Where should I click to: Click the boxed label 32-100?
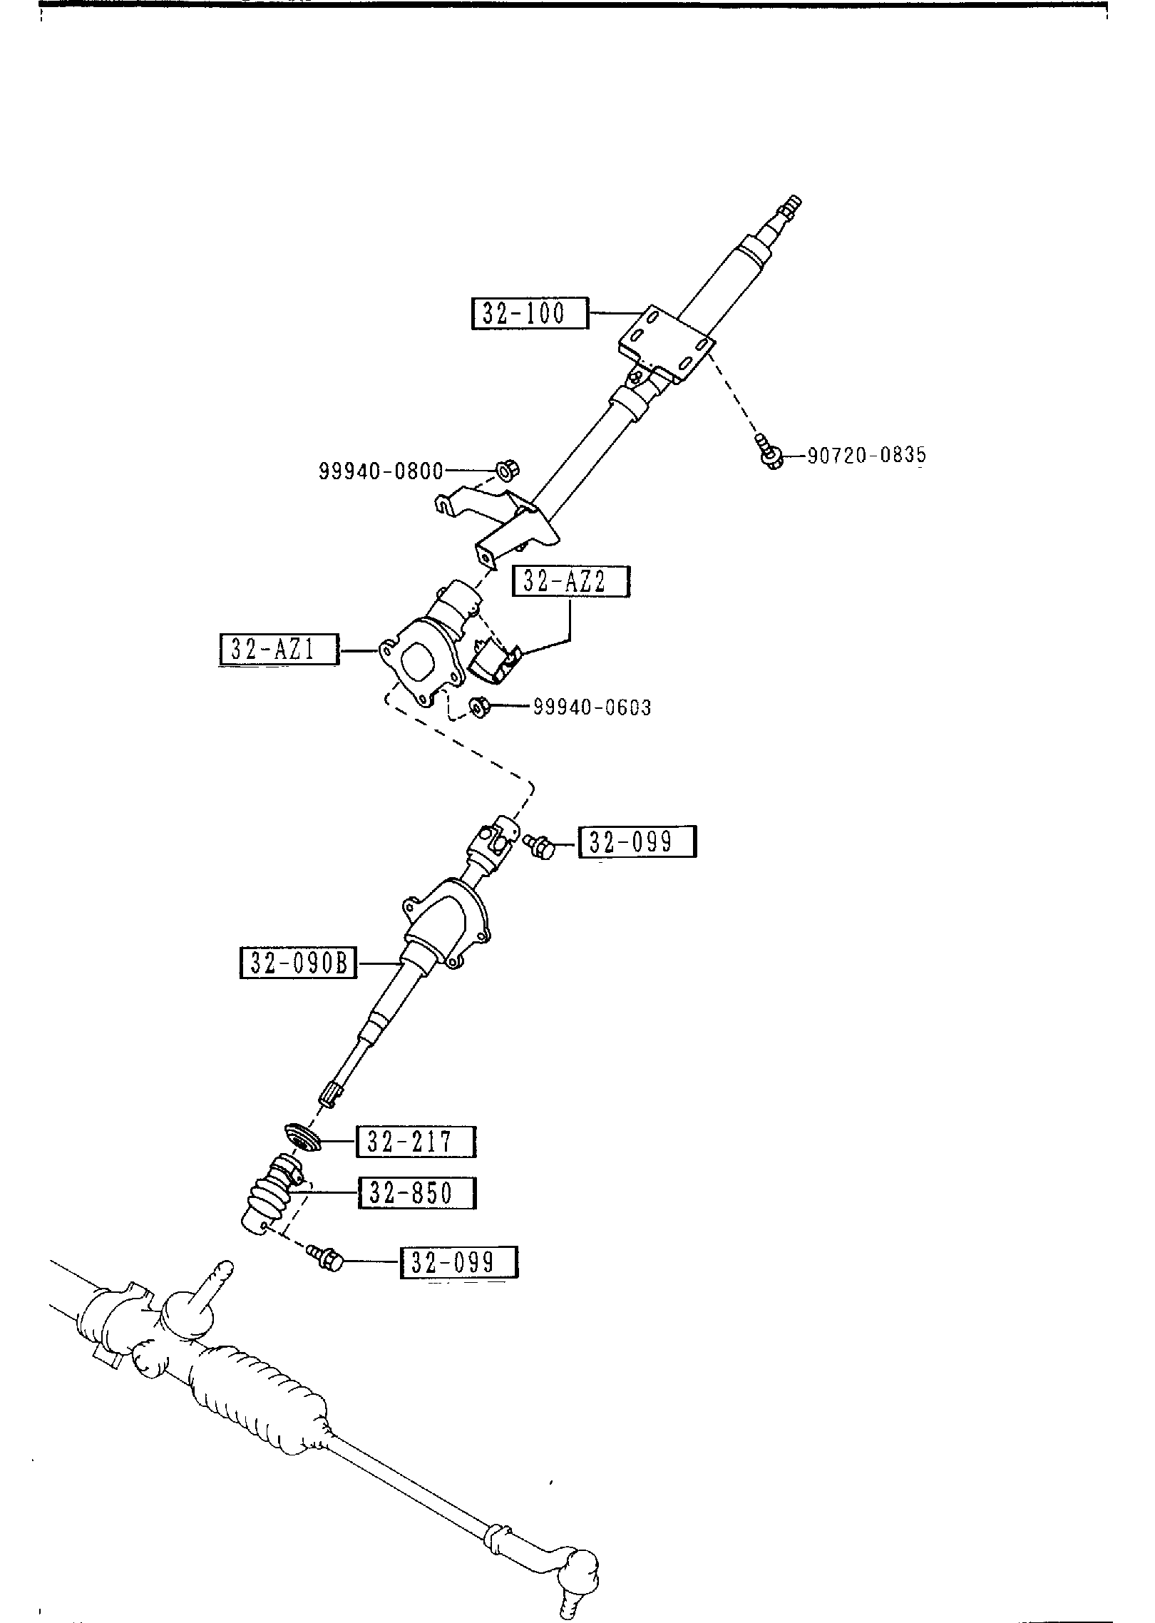[x=530, y=313]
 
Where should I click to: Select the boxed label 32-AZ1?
[x=277, y=650]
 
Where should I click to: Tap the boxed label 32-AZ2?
[x=570, y=582]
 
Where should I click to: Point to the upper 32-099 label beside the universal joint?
[x=637, y=842]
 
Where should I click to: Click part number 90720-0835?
[x=866, y=455]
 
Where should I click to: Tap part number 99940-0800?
[x=381, y=471]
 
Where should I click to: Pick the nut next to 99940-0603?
[x=478, y=707]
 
